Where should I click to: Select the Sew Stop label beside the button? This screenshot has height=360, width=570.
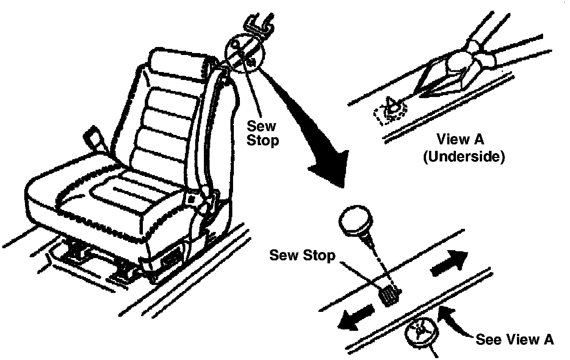click(x=302, y=255)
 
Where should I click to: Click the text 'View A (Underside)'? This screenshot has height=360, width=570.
click(x=463, y=148)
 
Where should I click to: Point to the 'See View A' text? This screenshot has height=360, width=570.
click(x=514, y=339)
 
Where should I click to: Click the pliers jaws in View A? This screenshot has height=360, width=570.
click(x=447, y=76)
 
